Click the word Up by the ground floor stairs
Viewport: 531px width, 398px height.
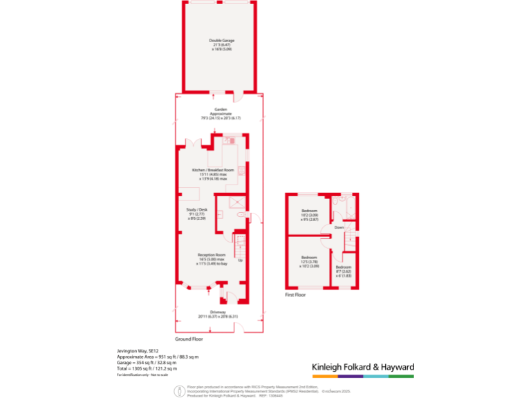(x=240, y=260)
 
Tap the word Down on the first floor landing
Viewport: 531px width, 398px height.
(x=339, y=227)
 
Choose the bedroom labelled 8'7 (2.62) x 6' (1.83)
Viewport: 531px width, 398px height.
(x=344, y=270)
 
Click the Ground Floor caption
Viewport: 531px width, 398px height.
(x=188, y=339)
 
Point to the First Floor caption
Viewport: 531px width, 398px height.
(x=296, y=294)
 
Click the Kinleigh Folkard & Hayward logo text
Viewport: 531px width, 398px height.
(x=362, y=367)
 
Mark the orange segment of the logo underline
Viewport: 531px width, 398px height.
(x=324, y=377)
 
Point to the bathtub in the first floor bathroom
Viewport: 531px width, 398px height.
(x=337, y=207)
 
